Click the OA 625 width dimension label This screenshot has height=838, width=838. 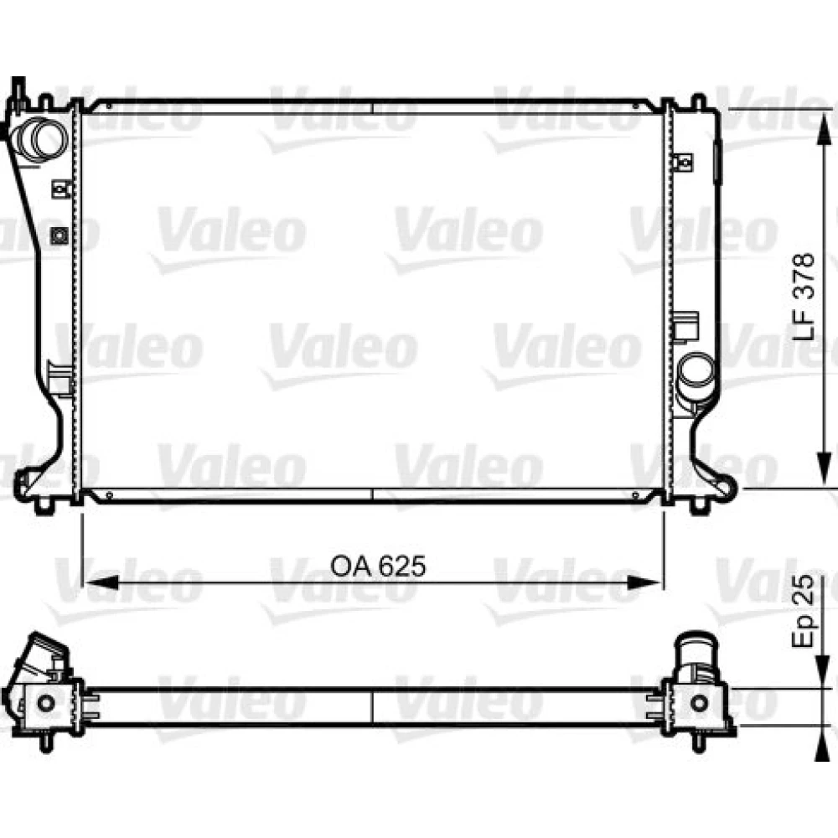[378, 566]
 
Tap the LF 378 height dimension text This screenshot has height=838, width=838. [804, 297]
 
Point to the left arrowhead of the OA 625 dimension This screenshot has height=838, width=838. [100, 582]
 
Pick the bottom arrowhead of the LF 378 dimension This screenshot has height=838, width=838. [824, 470]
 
